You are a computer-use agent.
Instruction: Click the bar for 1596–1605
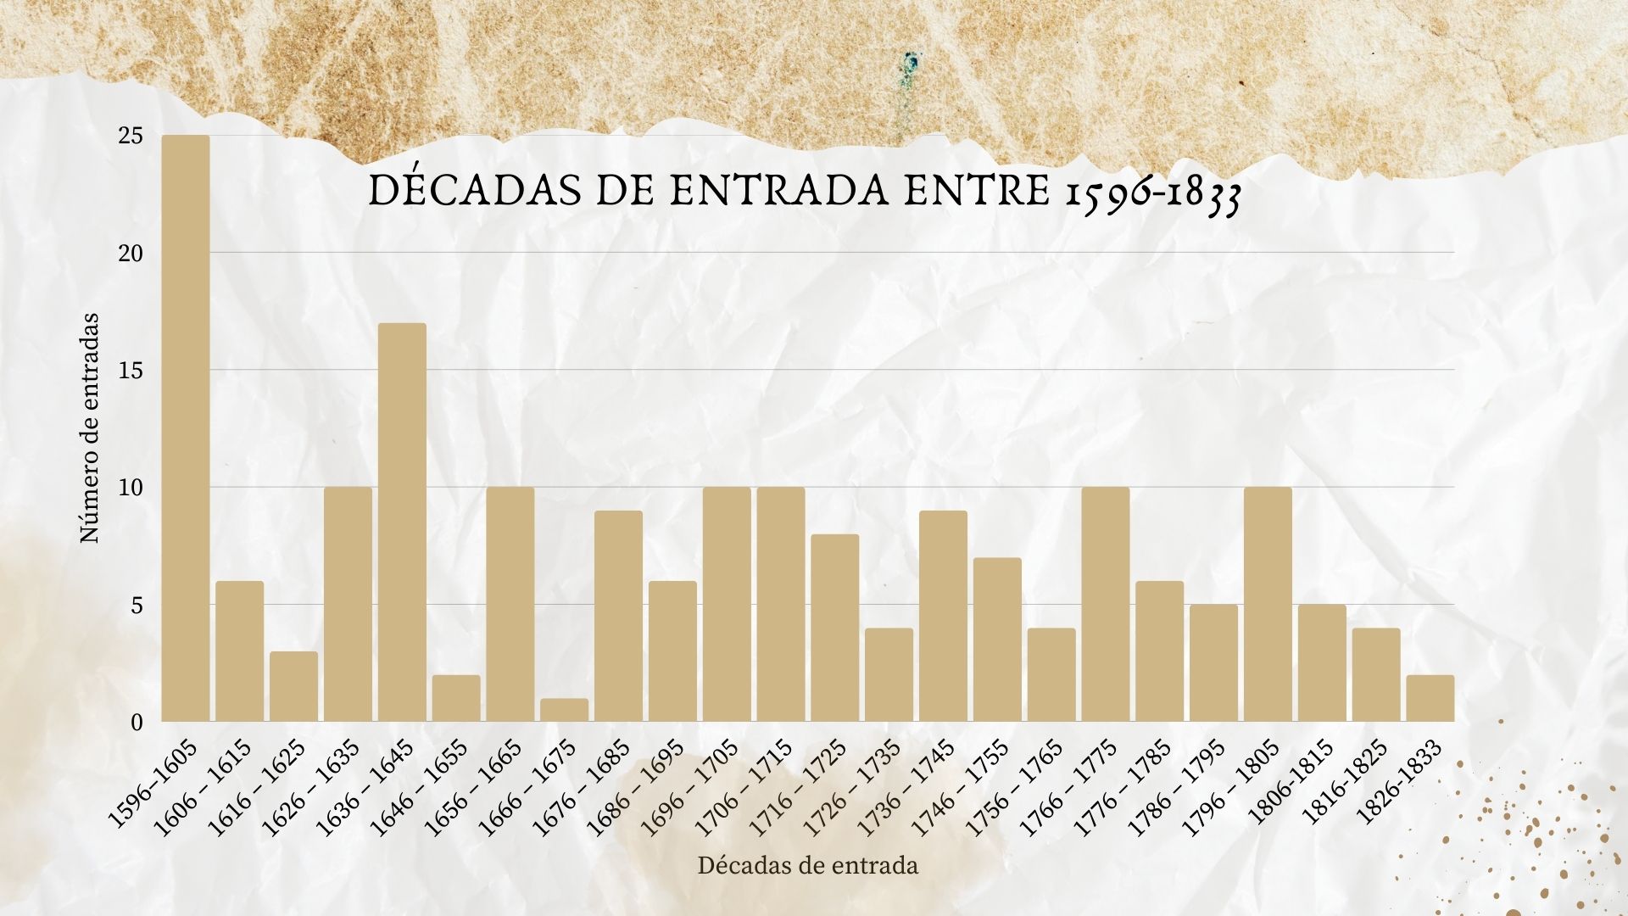(x=186, y=428)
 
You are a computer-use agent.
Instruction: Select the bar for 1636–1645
(x=402, y=522)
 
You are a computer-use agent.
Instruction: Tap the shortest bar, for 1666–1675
(x=564, y=711)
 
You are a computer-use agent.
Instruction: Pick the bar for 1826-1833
(x=1430, y=699)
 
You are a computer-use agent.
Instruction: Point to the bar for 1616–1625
(x=293, y=687)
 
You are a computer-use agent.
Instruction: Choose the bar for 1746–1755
(x=997, y=640)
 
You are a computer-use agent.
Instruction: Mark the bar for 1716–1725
(x=834, y=628)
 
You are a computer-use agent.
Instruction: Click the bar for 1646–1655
(x=456, y=699)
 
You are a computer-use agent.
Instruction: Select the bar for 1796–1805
(x=1268, y=605)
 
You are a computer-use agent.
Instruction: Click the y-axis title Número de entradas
(x=89, y=428)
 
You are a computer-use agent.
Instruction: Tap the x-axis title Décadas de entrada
(x=807, y=866)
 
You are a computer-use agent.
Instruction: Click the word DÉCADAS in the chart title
(x=470, y=193)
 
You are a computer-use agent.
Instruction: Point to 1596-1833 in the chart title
(x=1153, y=194)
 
